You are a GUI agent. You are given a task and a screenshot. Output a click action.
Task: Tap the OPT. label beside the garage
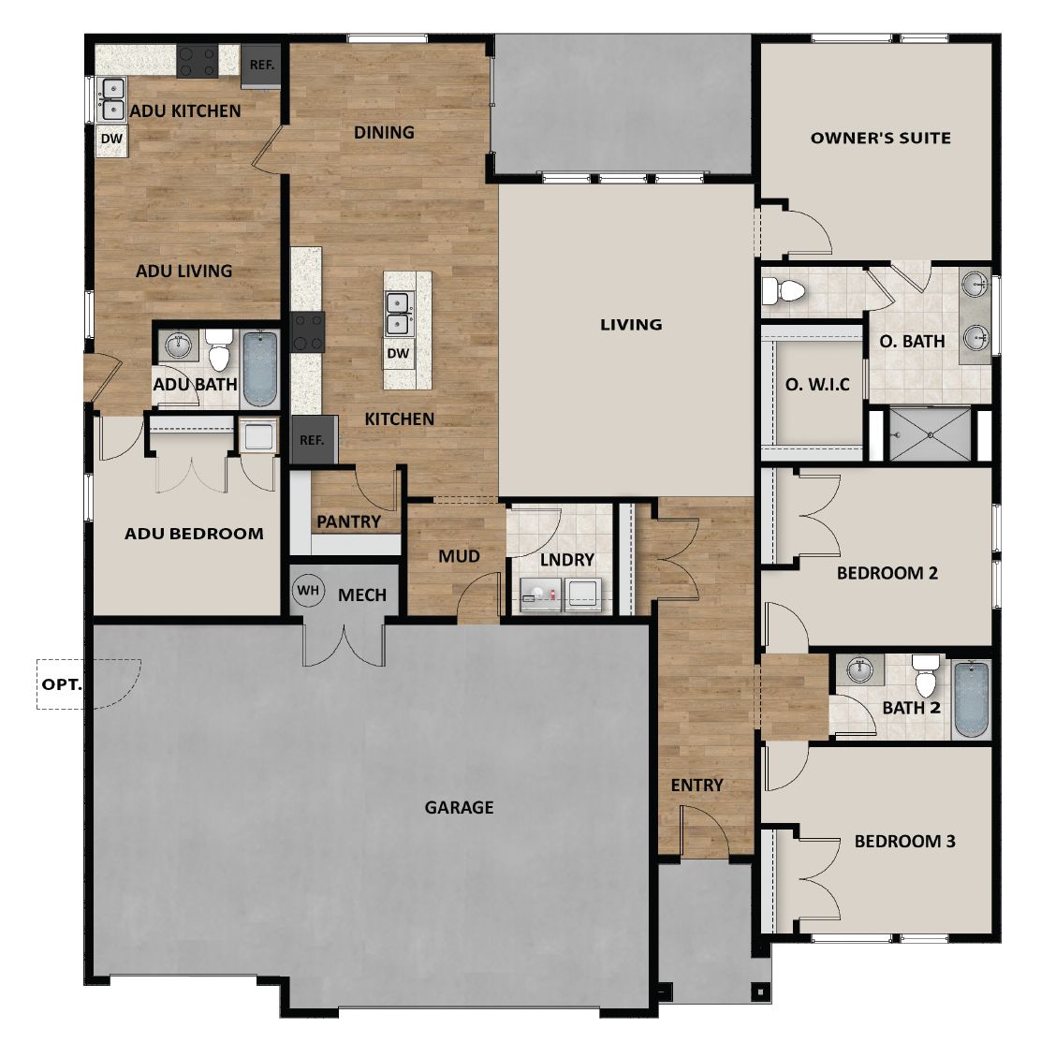pos(62,683)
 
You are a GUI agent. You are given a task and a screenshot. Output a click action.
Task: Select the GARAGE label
pos(459,807)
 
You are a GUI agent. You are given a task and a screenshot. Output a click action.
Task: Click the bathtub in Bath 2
pos(971,699)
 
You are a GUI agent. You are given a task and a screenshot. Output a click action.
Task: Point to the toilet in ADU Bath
pos(220,351)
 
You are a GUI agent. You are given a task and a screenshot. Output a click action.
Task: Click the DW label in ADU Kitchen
pos(111,140)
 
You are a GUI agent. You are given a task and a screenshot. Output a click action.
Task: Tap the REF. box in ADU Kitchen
pos(261,66)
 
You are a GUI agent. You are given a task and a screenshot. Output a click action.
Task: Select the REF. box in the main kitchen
pos(313,439)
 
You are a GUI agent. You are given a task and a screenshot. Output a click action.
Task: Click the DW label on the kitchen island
pos(398,353)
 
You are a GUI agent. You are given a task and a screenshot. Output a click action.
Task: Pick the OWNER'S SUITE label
pos(880,138)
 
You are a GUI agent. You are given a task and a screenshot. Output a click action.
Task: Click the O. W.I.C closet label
pos(817,384)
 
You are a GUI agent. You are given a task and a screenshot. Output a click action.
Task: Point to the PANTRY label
pos(348,521)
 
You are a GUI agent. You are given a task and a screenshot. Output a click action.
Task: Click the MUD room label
pos(459,556)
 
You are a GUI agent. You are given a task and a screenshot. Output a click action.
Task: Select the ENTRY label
pos(696,785)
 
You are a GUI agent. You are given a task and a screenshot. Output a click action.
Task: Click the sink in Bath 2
pos(859,668)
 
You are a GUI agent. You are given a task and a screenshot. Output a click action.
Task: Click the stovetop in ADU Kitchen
pos(198,62)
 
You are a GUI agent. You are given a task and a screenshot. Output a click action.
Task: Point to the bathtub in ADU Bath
pos(261,368)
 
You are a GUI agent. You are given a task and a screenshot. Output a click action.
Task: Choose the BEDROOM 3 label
pos(904,841)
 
